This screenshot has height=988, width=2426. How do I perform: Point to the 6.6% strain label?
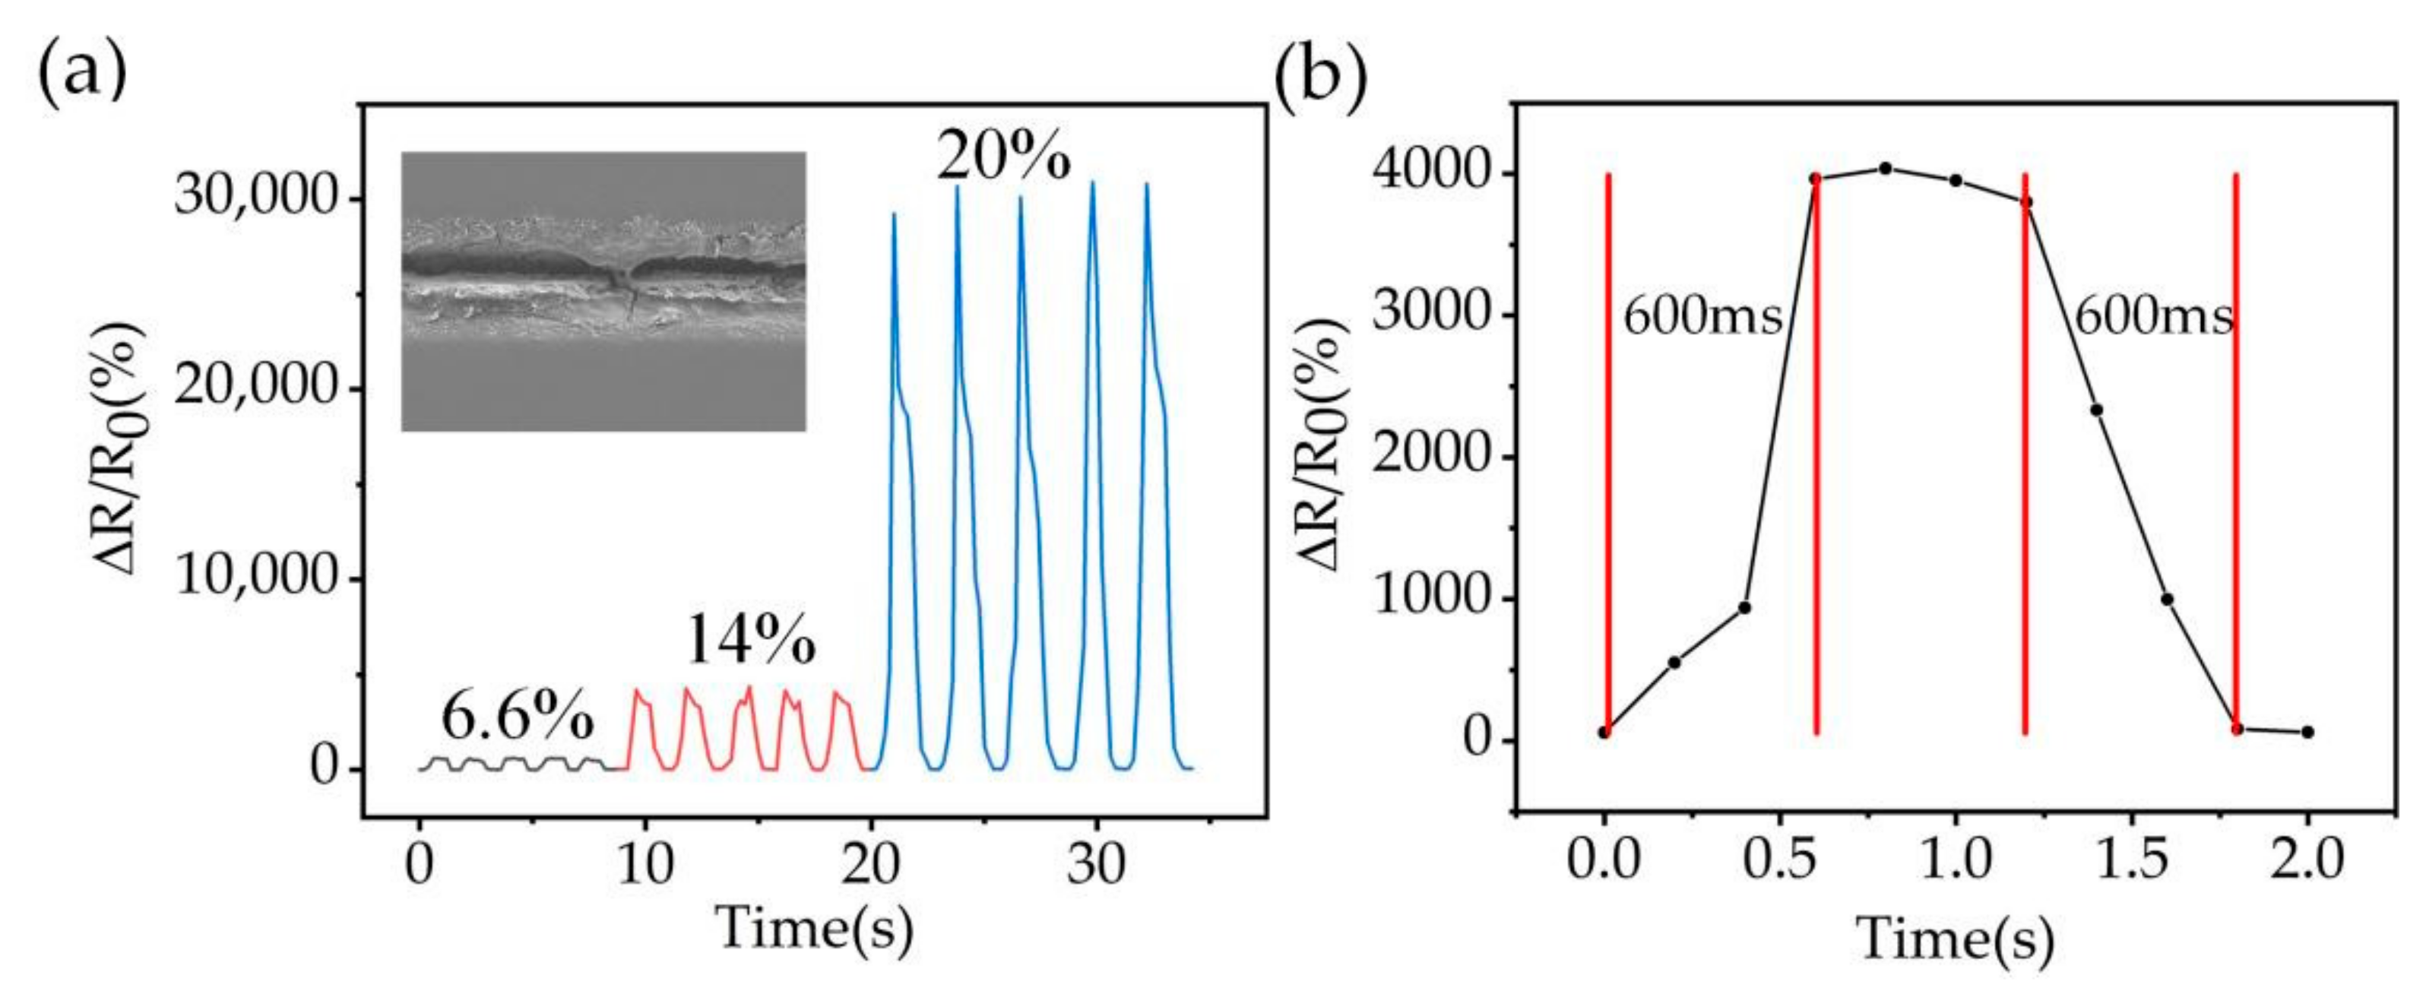[x=517, y=717]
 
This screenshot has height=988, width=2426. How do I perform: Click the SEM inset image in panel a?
[x=603, y=291]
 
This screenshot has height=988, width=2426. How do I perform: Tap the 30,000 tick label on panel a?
[x=255, y=198]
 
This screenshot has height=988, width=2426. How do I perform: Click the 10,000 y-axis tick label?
[x=255, y=576]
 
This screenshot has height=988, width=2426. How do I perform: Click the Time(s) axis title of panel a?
[x=815, y=928]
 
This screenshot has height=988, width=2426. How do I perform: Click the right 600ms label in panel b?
[x=2154, y=316]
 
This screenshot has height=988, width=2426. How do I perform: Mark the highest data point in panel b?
[x=1886, y=169]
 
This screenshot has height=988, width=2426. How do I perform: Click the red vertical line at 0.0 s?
[x=1608, y=452]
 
